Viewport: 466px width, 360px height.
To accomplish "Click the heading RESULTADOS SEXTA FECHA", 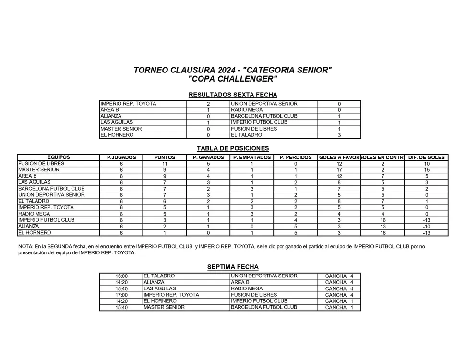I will click(233, 95).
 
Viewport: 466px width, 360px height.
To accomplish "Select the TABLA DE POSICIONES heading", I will click(233, 148).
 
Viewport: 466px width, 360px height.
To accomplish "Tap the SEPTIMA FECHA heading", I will click(233, 267).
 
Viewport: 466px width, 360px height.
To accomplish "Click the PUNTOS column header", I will click(165, 157).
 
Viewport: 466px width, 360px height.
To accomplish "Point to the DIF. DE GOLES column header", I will click(426, 157).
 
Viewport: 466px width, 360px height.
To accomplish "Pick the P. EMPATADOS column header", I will click(251, 157).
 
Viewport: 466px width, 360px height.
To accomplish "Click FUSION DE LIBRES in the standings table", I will click(41, 164).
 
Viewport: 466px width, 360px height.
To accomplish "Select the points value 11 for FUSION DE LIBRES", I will click(165, 164).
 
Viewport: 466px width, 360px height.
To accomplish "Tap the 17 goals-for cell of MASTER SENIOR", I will click(339, 170).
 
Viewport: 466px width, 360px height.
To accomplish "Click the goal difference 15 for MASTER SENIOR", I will click(426, 170).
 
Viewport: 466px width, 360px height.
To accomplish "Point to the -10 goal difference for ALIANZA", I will click(426, 227).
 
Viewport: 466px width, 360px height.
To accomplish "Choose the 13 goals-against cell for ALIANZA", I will click(382, 227).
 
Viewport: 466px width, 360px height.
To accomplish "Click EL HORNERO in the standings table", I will click(35, 233).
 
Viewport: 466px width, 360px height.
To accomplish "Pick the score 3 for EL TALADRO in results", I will click(339, 135).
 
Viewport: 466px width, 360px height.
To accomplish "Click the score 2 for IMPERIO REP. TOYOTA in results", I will click(208, 104).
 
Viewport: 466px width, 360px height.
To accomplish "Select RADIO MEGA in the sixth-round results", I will click(247, 110).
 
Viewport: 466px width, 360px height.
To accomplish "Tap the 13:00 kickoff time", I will click(121, 276).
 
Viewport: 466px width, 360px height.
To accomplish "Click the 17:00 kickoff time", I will click(121, 295).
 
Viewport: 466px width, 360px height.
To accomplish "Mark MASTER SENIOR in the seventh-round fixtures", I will click(164, 307).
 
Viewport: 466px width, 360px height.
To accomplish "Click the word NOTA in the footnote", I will click(25, 247).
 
